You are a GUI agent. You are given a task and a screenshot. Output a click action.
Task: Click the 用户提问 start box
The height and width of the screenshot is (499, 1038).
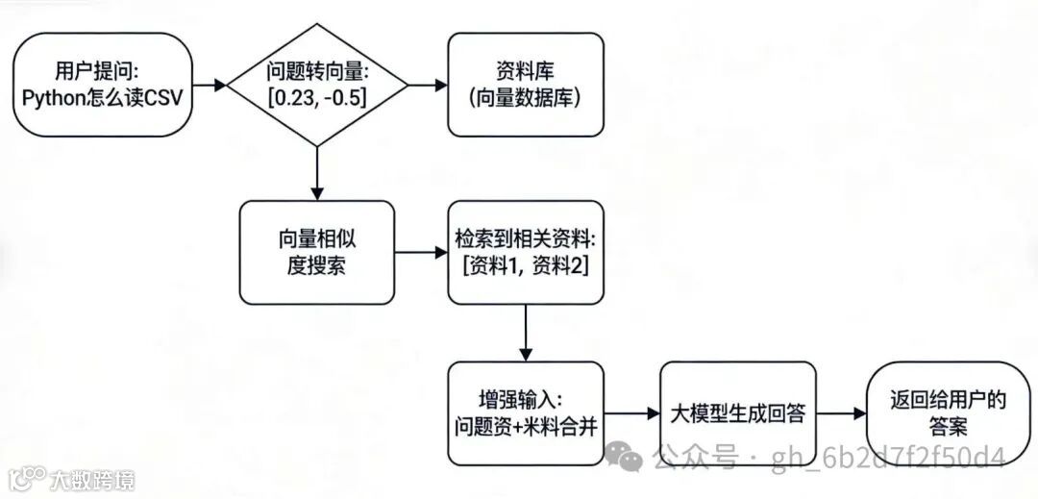(x=98, y=85)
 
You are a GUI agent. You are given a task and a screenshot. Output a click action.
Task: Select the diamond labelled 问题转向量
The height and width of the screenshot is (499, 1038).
(x=316, y=85)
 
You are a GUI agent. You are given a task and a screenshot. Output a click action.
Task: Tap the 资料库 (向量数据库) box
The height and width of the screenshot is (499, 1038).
(x=526, y=85)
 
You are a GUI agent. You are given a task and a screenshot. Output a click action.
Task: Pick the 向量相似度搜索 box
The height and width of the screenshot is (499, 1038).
(x=316, y=253)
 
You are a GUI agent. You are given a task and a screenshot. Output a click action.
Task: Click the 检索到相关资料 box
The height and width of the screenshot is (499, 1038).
(x=526, y=253)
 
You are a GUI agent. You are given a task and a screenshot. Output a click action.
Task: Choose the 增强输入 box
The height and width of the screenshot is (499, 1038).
(x=526, y=414)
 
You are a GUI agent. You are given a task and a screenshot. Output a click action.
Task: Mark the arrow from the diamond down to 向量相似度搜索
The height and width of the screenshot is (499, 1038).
(x=316, y=173)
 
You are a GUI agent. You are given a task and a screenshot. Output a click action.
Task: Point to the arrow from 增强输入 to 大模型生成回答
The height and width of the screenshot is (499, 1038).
(x=630, y=414)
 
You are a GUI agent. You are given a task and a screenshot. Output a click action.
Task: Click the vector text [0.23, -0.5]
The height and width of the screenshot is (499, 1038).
(x=316, y=97)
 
